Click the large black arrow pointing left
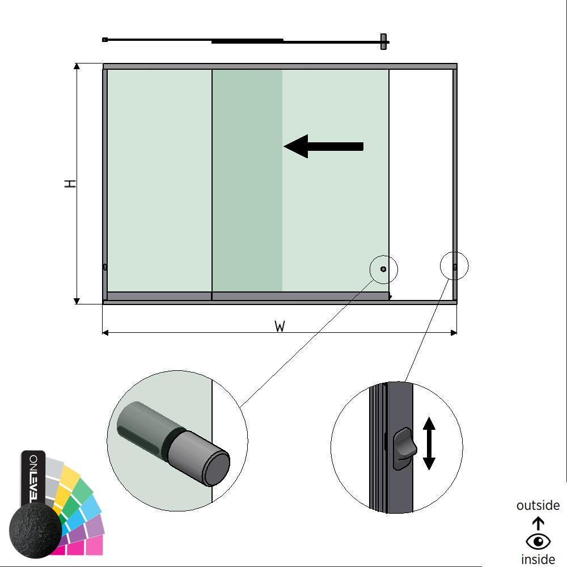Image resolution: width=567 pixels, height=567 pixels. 323,146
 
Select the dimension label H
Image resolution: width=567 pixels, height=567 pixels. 70,184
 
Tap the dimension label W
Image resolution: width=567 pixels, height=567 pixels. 280,327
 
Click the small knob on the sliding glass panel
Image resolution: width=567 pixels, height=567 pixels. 383,269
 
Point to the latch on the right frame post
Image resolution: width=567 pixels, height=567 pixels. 455,266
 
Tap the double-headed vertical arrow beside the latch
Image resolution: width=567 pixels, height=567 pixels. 429,443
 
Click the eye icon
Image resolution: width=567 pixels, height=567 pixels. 538,541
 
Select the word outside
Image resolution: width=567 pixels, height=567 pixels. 538,505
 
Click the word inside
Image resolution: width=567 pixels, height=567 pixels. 538,560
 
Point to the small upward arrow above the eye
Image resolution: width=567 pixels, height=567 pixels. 538,523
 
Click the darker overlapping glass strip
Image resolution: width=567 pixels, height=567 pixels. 247,180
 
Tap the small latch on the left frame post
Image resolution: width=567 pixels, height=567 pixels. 105,267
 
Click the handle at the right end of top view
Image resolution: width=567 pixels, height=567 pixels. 384,41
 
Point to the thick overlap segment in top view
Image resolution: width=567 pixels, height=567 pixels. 247,41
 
